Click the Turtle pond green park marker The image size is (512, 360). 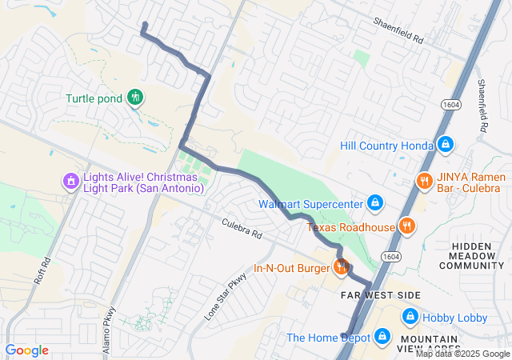[135, 98]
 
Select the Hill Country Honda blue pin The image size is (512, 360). [446, 145]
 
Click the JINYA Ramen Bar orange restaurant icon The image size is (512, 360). [423, 181]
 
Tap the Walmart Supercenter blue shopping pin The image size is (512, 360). [374, 203]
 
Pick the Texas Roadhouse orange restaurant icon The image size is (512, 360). [407, 226]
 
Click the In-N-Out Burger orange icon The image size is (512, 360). [341, 267]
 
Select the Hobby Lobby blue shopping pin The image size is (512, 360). [410, 317]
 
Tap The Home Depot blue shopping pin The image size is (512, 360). [382, 337]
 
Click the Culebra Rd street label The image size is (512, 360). [242, 227]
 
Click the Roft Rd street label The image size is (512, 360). [47, 271]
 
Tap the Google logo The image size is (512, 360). [26, 350]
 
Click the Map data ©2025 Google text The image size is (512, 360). [462, 354]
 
